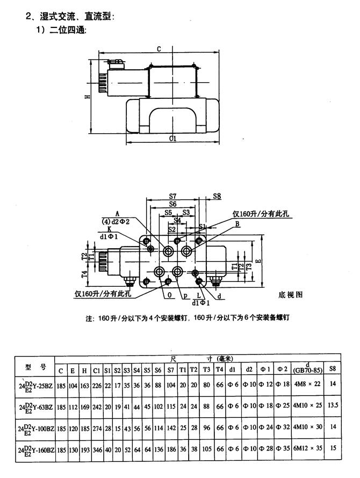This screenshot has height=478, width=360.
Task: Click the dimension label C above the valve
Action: tap(159, 49)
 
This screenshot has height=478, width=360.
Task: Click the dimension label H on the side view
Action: tap(87, 96)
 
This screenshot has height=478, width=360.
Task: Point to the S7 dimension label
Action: tap(173, 196)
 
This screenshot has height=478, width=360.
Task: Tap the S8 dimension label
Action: tap(217, 196)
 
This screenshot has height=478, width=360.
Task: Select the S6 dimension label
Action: tap(172, 204)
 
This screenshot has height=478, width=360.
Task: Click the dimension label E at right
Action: tap(258, 262)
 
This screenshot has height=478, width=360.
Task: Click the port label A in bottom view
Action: tap(117, 213)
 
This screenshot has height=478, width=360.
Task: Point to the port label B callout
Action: tap(236, 224)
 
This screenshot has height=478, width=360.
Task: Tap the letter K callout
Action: tap(109, 228)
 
